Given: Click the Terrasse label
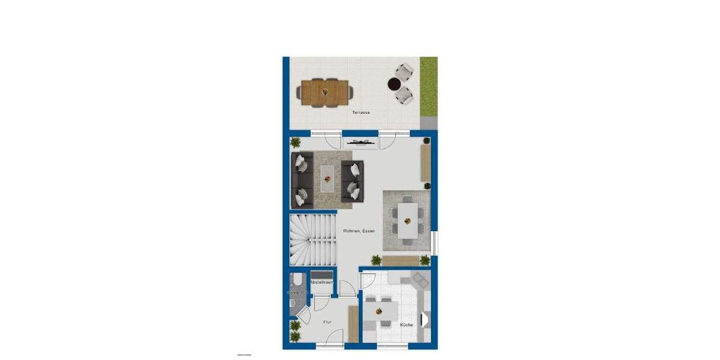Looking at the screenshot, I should [361, 112].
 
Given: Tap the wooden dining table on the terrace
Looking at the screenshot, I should [325, 92].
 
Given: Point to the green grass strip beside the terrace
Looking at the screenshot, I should [428, 87].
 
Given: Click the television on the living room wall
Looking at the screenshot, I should [361, 142].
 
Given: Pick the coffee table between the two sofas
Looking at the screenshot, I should [328, 178].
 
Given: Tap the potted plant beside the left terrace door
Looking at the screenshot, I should [295, 143].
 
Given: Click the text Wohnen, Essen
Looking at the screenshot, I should [359, 231].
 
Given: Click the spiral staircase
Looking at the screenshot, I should [313, 241].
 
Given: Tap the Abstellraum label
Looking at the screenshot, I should [322, 281].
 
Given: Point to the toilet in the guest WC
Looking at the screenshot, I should [296, 280].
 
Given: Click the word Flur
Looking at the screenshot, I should [327, 322].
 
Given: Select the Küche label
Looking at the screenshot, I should [406, 325].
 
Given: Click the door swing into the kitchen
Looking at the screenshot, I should [367, 281].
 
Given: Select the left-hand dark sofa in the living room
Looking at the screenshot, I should [302, 179].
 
